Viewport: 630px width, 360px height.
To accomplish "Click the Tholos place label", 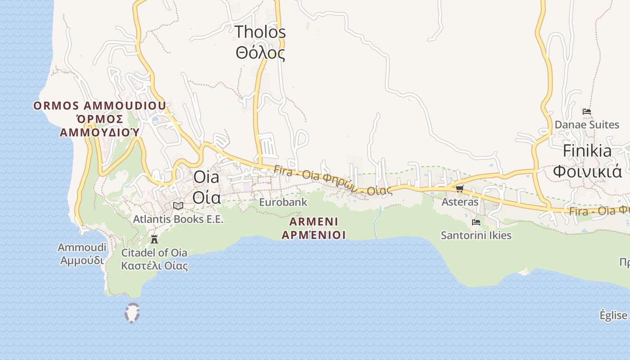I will coord(260,32).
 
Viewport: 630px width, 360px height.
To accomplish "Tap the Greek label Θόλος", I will coord(260,53).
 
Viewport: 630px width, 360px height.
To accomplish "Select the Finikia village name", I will coord(587,151).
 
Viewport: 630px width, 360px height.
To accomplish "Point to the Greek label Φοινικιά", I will coord(587,171).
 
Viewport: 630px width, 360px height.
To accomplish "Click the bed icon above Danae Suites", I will coord(586,111).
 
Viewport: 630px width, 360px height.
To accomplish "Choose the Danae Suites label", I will coord(587,125).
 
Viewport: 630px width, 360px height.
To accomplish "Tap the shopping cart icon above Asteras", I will coord(459,189).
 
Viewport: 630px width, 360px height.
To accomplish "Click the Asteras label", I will coord(460,202).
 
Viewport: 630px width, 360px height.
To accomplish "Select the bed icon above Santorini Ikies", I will coord(476,222).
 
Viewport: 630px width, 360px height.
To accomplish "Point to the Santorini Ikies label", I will coord(476,235).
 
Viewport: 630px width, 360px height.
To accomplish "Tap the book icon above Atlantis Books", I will coord(178,206).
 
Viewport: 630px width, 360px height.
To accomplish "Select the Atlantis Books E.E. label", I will coord(178,219).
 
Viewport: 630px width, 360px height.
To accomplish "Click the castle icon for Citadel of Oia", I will coord(154,239).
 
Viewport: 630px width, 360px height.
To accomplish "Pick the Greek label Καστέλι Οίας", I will coord(154,265).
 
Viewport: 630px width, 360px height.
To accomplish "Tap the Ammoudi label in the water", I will coord(82,247).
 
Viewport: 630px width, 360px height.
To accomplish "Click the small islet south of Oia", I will coord(132,313).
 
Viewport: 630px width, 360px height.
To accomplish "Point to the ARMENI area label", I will coord(314,222).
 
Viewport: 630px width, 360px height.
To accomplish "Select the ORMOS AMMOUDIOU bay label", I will coord(99,106).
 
